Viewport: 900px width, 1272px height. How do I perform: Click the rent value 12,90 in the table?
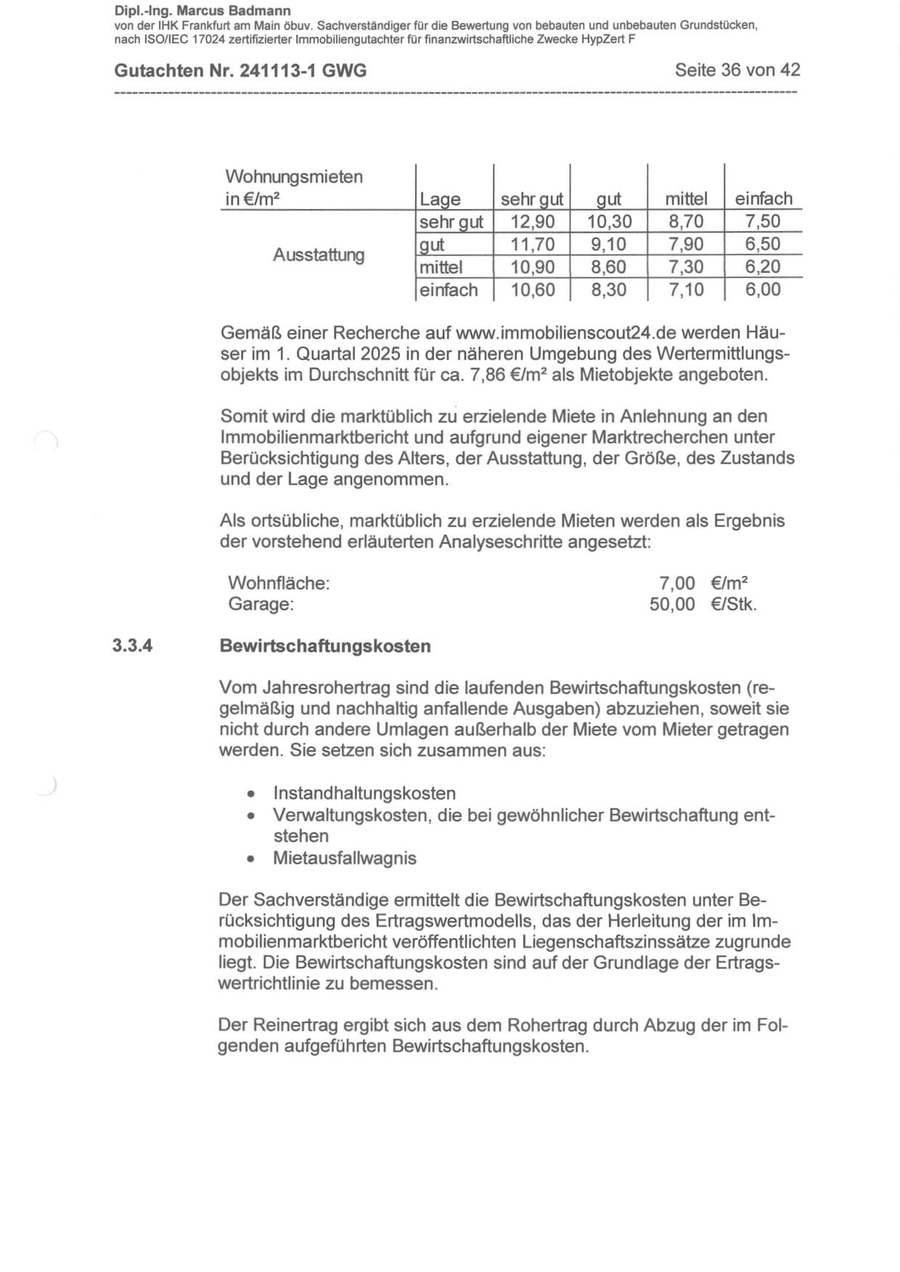pyautogui.click(x=532, y=221)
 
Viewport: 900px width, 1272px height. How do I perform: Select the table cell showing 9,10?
pyautogui.click(x=608, y=244)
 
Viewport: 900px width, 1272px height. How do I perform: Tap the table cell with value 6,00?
pyautogui.click(x=763, y=290)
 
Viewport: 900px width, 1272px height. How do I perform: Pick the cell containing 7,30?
pyautogui.click(x=686, y=267)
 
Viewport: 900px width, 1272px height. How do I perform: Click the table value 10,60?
pyautogui.click(x=532, y=290)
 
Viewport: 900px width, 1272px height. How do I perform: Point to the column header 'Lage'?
pyautogui.click(x=440, y=199)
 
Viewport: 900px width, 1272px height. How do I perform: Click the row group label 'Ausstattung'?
pyautogui.click(x=318, y=255)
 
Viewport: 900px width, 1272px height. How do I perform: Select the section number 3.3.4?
pyautogui.click(x=132, y=646)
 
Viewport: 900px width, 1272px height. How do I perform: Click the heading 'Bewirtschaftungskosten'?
pyautogui.click(x=324, y=646)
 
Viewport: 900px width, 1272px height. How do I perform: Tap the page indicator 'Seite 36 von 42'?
pyautogui.click(x=737, y=70)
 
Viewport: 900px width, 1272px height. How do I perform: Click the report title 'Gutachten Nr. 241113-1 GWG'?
pyautogui.click(x=240, y=70)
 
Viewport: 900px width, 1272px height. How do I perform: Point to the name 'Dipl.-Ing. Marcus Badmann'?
pyautogui.click(x=202, y=11)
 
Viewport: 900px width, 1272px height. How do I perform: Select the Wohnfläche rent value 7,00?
pyautogui.click(x=676, y=583)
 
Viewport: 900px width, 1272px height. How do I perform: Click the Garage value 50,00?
pyautogui.click(x=672, y=604)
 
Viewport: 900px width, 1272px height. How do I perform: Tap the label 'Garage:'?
pyautogui.click(x=261, y=604)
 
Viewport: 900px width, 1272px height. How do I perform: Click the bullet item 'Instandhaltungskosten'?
pyautogui.click(x=364, y=793)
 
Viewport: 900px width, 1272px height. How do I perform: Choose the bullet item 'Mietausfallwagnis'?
pyautogui.click(x=345, y=858)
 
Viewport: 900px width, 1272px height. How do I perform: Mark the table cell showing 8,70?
pyautogui.click(x=686, y=221)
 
